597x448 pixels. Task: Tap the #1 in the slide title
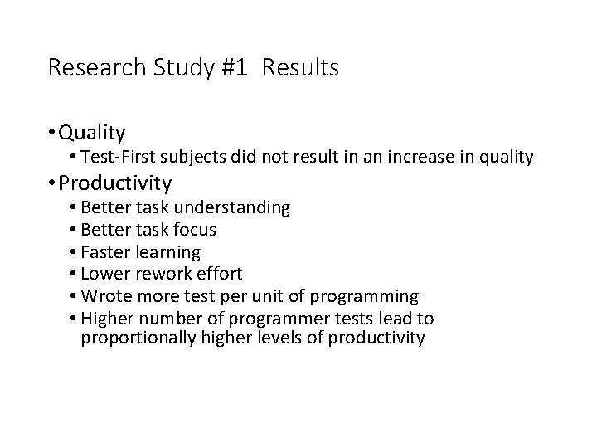(234, 68)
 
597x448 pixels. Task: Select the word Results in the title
(300, 68)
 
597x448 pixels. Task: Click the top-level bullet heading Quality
(92, 133)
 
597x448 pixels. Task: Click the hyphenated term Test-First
(116, 157)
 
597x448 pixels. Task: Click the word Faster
(106, 251)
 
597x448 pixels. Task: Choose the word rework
(163, 274)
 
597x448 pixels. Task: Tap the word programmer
(280, 319)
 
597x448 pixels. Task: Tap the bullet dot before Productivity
(51, 183)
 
